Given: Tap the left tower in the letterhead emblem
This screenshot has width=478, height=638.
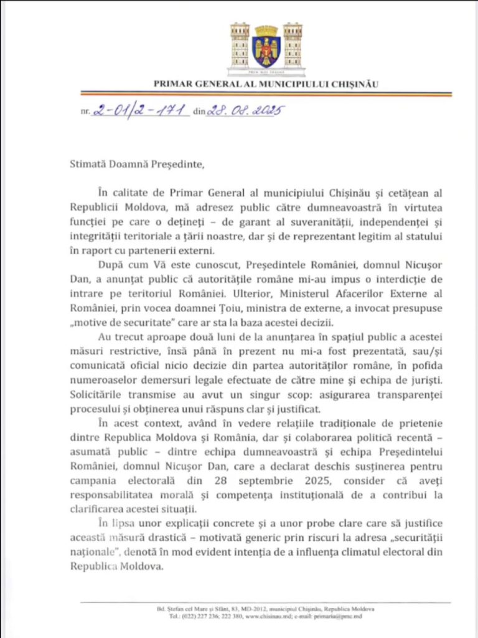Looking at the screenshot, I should click(x=240, y=45).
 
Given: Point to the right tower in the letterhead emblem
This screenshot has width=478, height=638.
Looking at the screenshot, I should click(x=293, y=45).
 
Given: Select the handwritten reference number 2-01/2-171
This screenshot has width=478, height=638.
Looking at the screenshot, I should click(x=140, y=110).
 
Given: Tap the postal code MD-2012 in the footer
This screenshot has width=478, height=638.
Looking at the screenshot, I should click(x=237, y=609).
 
